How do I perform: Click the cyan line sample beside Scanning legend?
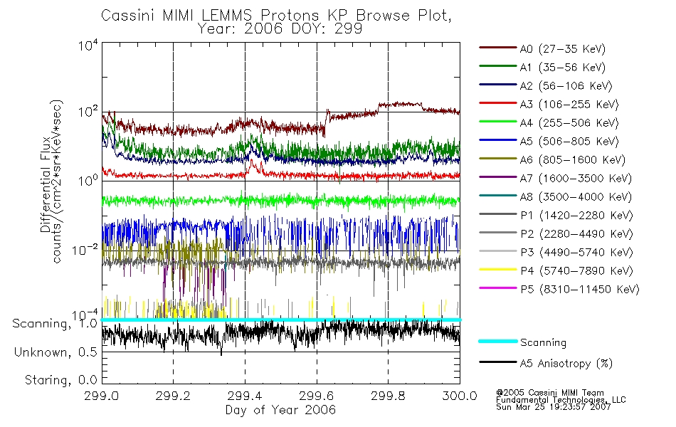click(497, 342)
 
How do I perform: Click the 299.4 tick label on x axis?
click(245, 396)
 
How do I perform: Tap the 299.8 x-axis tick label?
click(388, 396)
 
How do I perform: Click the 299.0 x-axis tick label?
click(102, 396)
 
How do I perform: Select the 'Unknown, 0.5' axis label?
click(56, 352)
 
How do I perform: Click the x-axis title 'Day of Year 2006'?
click(280, 410)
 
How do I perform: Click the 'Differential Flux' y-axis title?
click(46, 181)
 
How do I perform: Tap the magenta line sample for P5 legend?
click(497, 289)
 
